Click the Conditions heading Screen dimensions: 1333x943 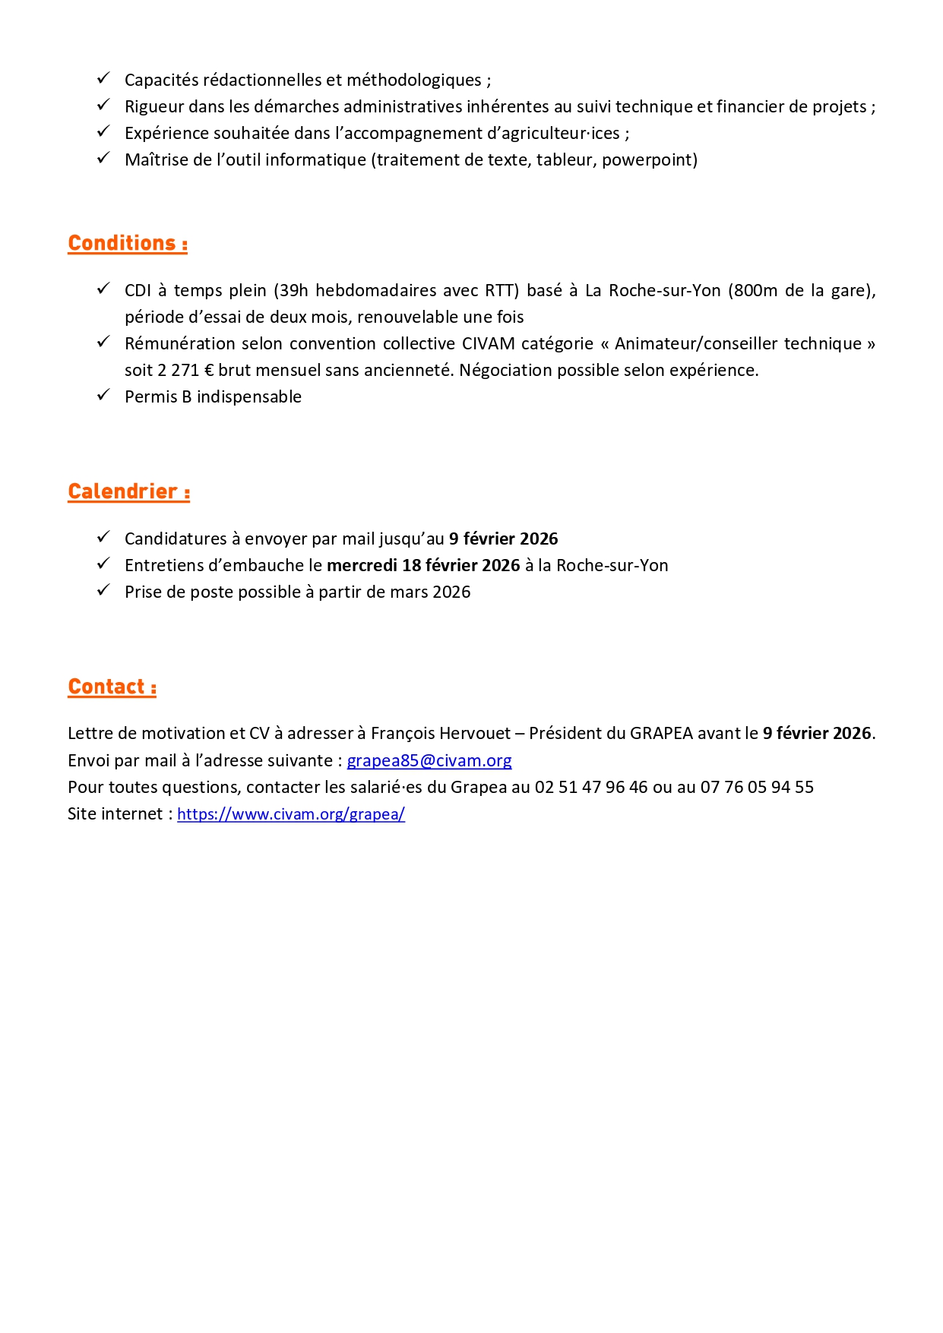(128, 243)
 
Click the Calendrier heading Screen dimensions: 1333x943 (128, 491)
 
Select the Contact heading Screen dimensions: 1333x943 (112, 687)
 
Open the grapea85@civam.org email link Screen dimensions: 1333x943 (429, 760)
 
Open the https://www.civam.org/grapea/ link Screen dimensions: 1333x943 (291, 813)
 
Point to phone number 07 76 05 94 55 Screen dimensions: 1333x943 (757, 787)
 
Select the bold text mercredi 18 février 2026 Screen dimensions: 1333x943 (423, 565)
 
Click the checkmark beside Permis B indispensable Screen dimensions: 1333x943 (103, 395)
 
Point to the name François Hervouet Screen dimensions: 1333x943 (441, 733)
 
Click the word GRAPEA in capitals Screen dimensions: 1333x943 (661, 733)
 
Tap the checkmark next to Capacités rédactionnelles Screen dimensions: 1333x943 (103, 78)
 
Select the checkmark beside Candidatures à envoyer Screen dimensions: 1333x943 (103, 537)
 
